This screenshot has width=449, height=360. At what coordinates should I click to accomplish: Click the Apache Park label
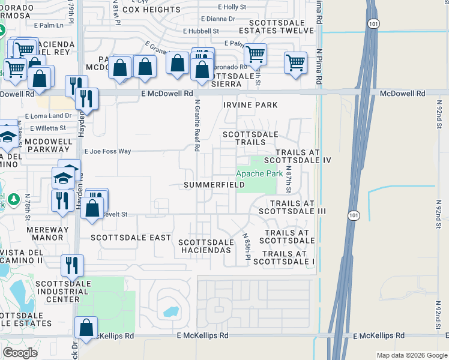pos(259,173)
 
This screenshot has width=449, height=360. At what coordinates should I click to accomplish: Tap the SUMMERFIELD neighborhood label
pos(214,185)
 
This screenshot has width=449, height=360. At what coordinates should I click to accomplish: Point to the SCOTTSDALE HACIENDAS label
pos(205,245)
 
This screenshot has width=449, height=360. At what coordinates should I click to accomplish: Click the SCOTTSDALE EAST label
pos(131,238)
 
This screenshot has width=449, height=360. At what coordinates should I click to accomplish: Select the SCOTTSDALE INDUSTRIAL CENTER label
pos(62,291)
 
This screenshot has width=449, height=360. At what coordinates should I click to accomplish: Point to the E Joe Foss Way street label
pos(108,152)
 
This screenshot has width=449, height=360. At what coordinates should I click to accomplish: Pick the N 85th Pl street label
pos(246,247)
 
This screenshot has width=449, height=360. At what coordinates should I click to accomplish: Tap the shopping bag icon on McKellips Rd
pos(86,328)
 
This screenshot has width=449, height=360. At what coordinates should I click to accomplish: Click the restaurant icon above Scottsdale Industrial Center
pos(71,265)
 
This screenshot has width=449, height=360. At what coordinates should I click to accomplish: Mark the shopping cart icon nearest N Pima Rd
pos(295,62)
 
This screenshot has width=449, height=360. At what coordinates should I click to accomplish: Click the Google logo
pos(20,353)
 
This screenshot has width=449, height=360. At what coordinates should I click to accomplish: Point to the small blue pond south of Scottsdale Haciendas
pos(170,312)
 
